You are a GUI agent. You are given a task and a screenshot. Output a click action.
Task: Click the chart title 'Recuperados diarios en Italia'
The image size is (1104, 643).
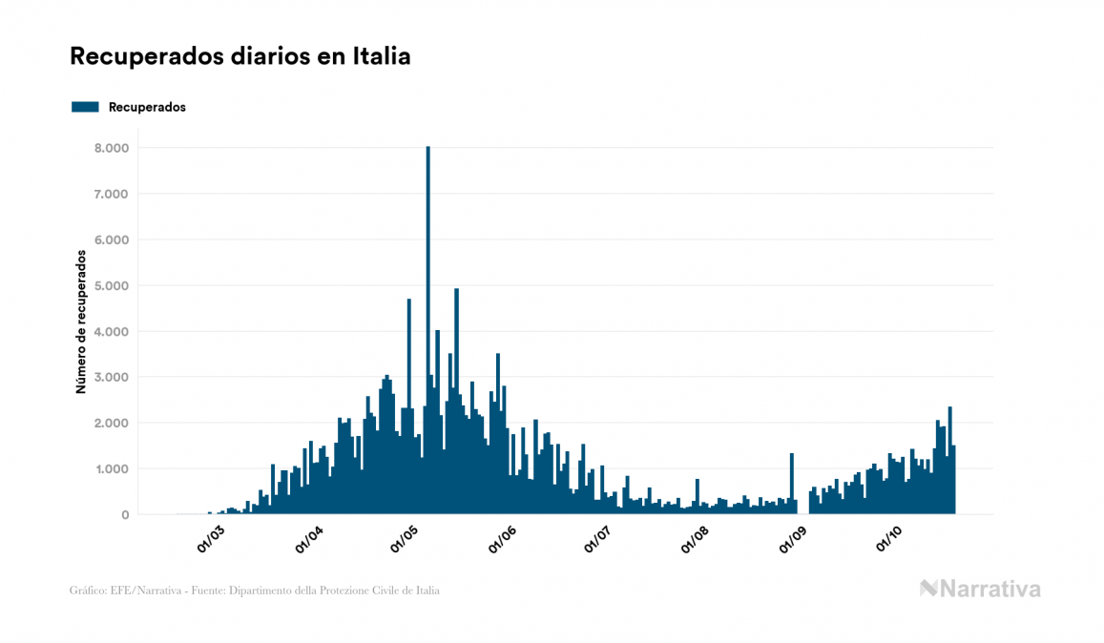pos(240,56)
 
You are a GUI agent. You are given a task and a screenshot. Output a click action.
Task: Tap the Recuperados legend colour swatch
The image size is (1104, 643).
pos(85,107)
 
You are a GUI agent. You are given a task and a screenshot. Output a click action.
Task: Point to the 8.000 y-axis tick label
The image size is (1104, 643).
pos(111,149)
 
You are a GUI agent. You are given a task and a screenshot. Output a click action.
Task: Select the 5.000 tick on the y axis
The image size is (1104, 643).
pos(111,286)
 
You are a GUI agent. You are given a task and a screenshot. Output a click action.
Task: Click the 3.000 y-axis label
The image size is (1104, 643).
pos(111,378)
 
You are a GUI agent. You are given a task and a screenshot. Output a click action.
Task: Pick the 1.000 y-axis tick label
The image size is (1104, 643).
pos(111,469)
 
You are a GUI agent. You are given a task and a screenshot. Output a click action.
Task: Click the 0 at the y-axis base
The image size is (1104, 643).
pos(124,515)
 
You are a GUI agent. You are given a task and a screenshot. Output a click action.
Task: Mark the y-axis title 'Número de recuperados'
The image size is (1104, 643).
pos(81,321)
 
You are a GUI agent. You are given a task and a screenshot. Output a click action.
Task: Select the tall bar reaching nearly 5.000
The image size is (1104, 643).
pos(456,401)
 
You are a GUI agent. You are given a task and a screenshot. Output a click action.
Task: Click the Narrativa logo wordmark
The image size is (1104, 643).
pos(980,589)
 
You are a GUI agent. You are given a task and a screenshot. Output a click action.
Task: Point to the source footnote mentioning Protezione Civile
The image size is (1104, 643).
pos(255,591)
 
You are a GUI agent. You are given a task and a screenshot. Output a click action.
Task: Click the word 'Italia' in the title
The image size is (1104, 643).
pos(383,56)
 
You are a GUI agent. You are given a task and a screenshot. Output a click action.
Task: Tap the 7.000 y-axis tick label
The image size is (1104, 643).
pos(111,195)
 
